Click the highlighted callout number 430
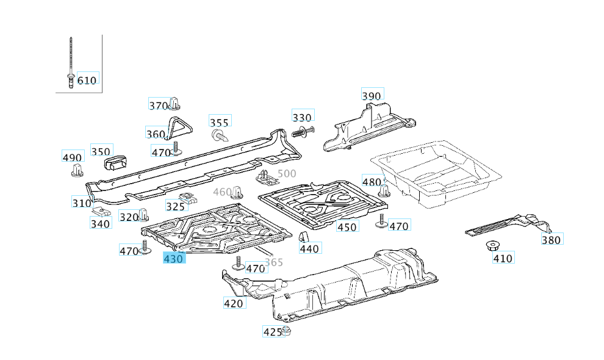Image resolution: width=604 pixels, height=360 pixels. pyautogui.click(x=174, y=259)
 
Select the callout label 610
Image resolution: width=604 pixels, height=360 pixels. pyautogui.click(x=87, y=80)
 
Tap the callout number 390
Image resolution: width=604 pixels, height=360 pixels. pyautogui.click(x=371, y=96)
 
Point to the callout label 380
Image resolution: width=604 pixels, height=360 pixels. pyautogui.click(x=551, y=240)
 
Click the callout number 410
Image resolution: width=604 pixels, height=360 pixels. pyautogui.click(x=503, y=258)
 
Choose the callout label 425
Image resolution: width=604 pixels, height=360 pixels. pyautogui.click(x=271, y=332)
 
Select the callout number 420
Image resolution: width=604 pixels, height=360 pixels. pyautogui.click(x=233, y=303)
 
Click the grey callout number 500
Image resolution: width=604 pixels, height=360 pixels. pyautogui.click(x=286, y=174)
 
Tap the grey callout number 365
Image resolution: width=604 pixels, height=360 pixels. pyautogui.click(x=274, y=262)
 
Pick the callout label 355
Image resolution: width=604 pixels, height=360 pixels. pyautogui.click(x=219, y=122)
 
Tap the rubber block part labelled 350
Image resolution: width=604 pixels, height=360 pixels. pyautogui.click(x=117, y=162)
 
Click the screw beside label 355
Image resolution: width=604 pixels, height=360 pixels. pyautogui.click(x=218, y=135)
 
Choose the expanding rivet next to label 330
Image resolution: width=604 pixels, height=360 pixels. pyautogui.click(x=304, y=131)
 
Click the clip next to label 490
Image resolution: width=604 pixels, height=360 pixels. pyautogui.click(x=76, y=170)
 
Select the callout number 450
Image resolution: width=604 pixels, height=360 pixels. pyautogui.click(x=347, y=227)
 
